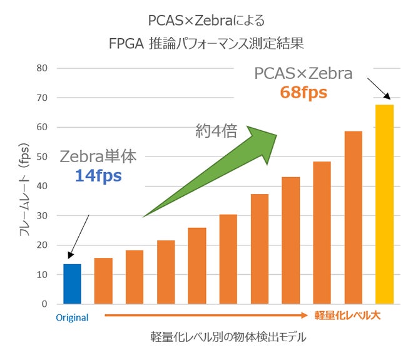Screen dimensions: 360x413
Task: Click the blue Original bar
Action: coord(72,284)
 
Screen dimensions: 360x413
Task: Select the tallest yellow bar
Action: coord(384,204)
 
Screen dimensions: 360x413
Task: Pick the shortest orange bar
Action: coord(103,280)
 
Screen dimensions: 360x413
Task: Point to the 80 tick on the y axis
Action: coord(42,68)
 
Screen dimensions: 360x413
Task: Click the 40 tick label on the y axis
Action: coord(42,186)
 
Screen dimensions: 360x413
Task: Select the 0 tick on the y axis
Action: coord(44,304)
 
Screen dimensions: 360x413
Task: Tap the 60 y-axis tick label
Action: coord(42,127)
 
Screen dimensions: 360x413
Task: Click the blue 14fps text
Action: coord(98,176)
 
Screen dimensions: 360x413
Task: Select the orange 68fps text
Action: coord(303,93)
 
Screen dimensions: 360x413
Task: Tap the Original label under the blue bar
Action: coord(72,317)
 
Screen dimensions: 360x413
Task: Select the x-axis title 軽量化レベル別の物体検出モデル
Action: coord(228,337)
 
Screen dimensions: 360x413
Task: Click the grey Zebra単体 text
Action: coord(98,157)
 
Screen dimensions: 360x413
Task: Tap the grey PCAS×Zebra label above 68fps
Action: coord(303,73)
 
